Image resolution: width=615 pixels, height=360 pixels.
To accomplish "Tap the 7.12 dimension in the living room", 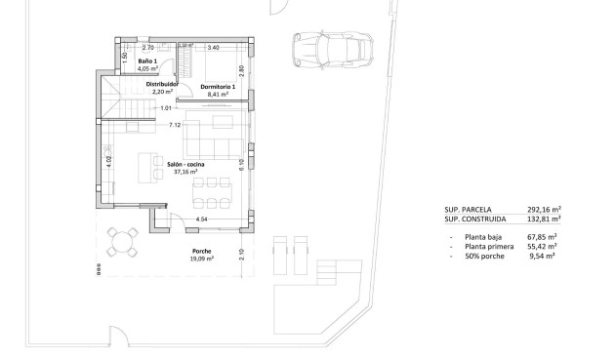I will tap(175, 125).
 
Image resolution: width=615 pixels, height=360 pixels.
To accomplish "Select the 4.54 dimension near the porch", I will tap(201, 220).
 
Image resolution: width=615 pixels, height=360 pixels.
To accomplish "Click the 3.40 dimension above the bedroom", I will tap(214, 47).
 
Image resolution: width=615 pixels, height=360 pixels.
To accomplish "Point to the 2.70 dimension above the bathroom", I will tap(148, 47).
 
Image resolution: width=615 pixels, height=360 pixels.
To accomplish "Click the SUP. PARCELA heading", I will tap(468, 209).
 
